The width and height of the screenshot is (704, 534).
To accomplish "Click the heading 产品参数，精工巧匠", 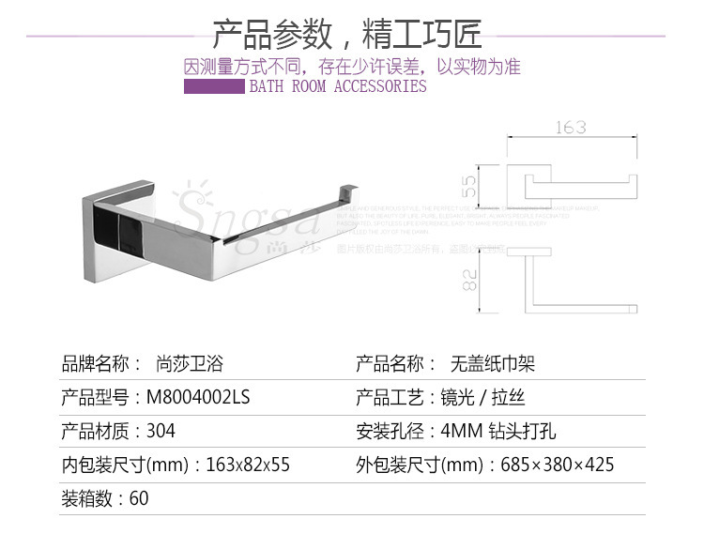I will tap(347, 35).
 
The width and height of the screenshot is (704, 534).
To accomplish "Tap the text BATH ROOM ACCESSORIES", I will tap(337, 86).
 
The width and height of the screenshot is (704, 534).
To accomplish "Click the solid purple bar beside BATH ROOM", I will tap(213, 86).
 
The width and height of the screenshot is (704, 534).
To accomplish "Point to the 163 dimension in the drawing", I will tap(571, 127).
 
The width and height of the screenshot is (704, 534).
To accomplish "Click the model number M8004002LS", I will tap(198, 398).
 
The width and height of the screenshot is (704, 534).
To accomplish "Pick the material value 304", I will tap(161, 432).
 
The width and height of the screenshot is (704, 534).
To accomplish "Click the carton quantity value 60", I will tap(139, 498).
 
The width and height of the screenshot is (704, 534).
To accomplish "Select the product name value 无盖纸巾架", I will tap(493, 364).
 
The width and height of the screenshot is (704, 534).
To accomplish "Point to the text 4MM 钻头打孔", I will tap(504, 432).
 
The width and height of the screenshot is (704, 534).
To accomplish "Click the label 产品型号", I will tap(94, 398).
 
